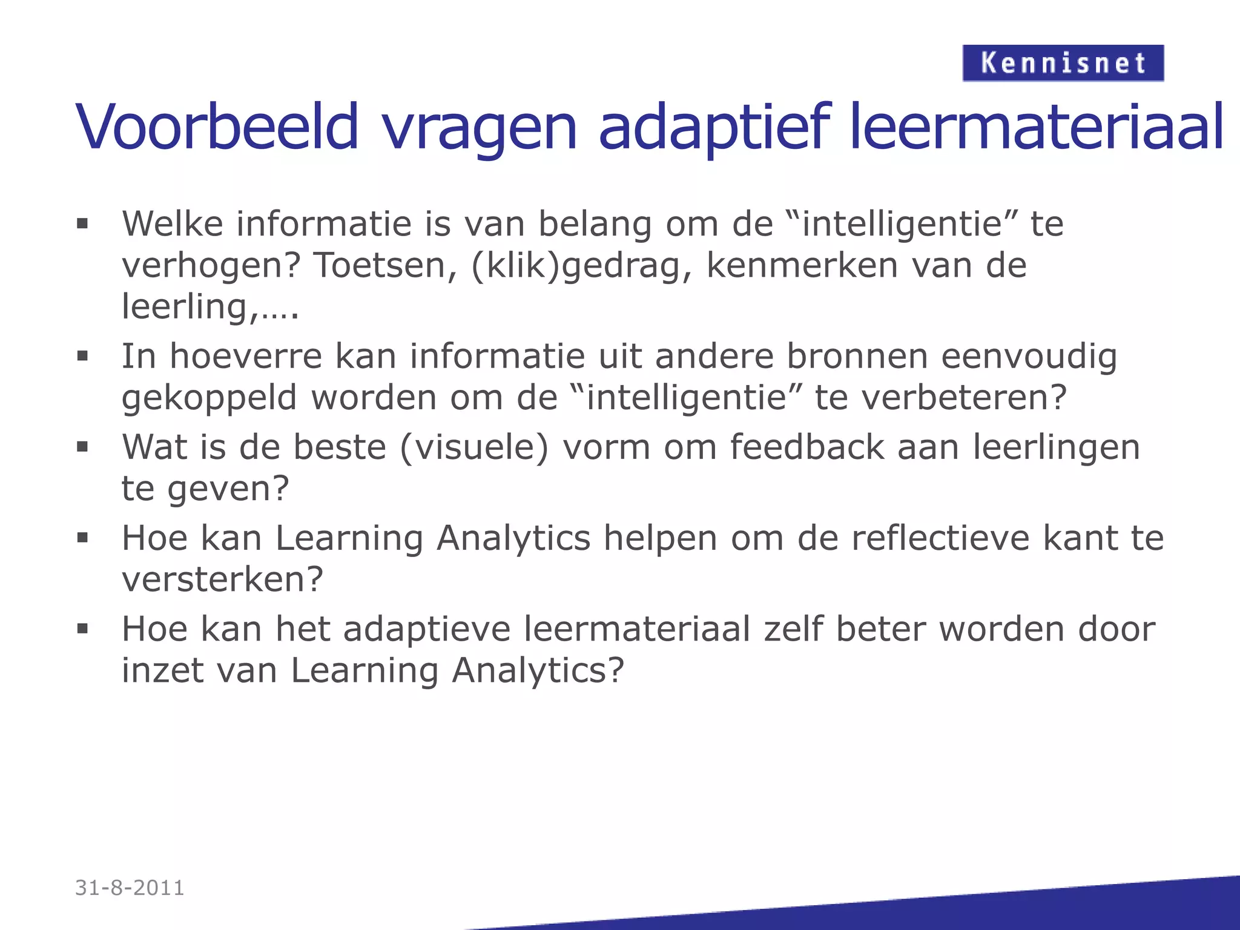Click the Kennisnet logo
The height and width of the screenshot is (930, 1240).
[1063, 63]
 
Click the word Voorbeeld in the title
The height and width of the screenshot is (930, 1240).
[217, 128]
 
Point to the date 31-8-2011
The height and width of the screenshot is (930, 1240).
[130, 888]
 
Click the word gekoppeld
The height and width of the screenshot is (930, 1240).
[209, 398]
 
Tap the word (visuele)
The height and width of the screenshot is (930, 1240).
[474, 448]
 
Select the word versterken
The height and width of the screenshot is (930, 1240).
[222, 579]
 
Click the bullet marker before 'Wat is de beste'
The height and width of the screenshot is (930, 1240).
[83, 447]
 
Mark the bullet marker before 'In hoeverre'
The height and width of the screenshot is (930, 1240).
[83, 357]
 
